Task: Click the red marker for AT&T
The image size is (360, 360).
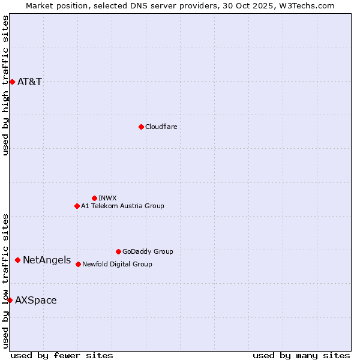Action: [12, 82]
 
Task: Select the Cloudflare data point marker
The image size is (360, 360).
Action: [141, 127]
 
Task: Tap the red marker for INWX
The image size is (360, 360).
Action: [94, 198]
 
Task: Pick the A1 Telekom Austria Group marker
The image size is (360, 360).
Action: [77, 206]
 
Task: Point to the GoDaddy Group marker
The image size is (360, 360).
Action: [118, 251]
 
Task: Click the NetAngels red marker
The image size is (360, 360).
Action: [17, 260]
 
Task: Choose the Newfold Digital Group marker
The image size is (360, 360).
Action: [78, 264]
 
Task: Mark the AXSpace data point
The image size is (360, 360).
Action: [10, 300]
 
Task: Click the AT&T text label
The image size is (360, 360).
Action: [30, 82]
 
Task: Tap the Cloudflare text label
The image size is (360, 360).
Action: [161, 127]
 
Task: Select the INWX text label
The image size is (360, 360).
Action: [107, 198]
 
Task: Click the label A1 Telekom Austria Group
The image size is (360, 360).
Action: [122, 206]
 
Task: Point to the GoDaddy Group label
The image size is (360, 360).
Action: [148, 251]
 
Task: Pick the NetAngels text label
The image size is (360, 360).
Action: [47, 260]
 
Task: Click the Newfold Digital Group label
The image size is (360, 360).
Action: [117, 264]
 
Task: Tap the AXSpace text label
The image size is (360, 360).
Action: [36, 300]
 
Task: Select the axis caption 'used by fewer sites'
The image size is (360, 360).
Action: [62, 355]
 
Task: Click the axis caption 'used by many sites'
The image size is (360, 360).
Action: [301, 355]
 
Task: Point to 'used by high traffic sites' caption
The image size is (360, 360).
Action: [5, 85]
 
